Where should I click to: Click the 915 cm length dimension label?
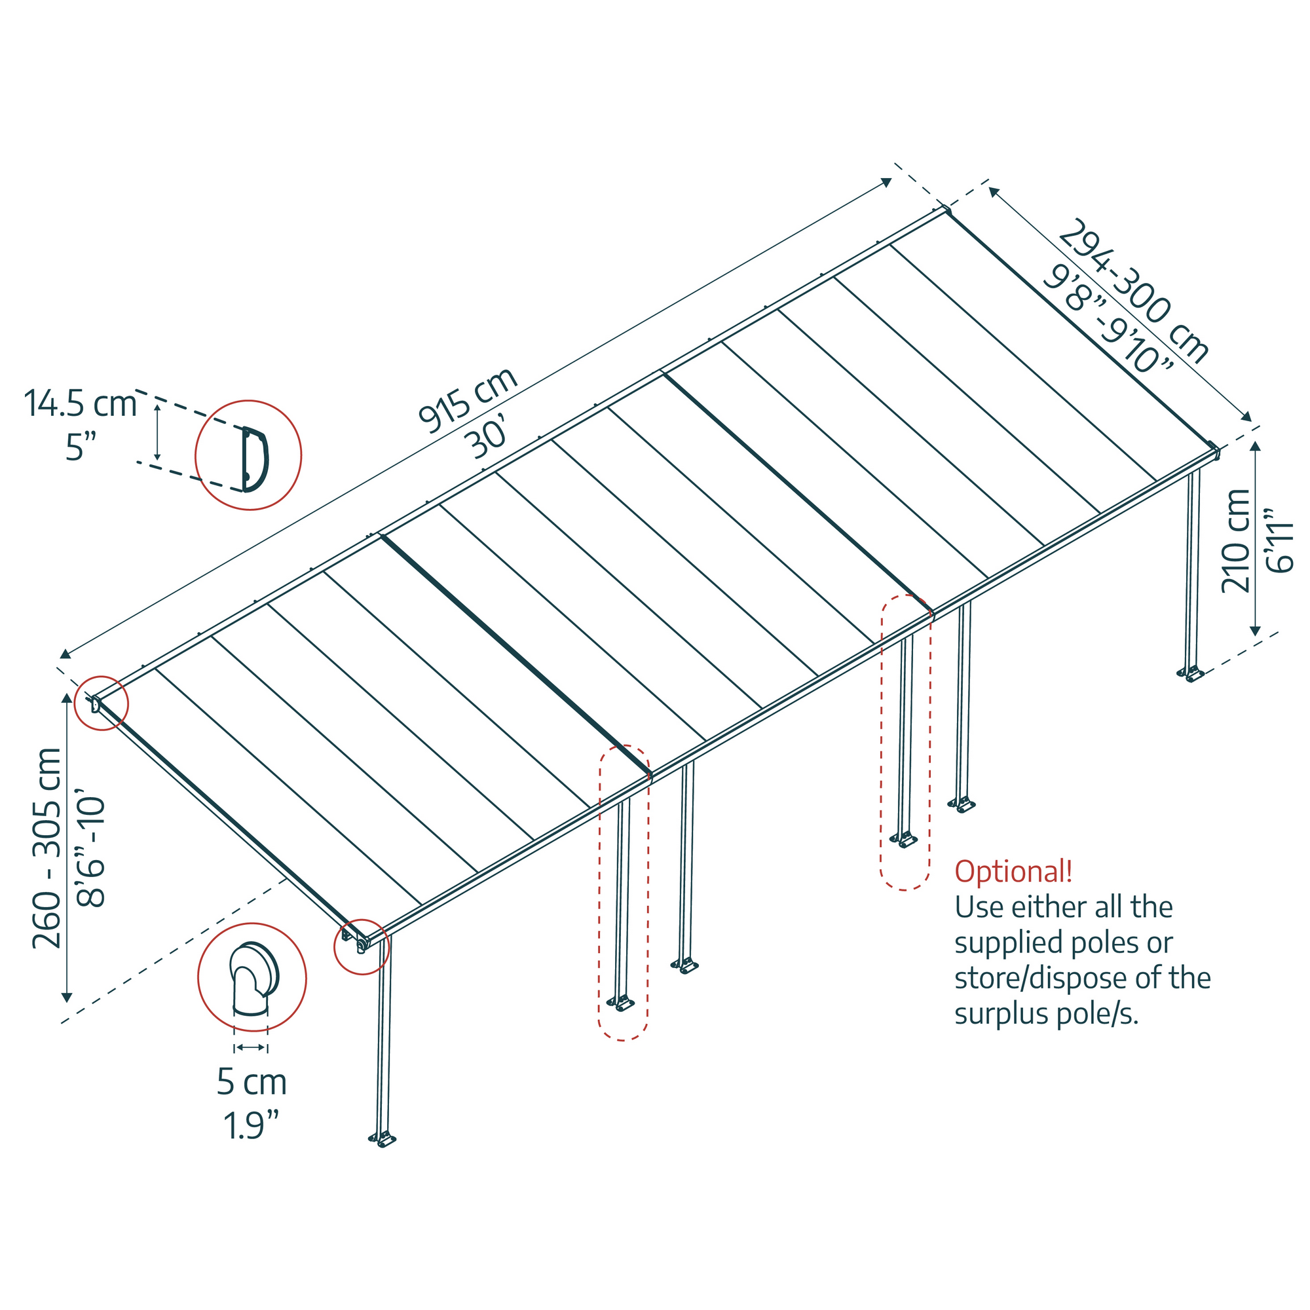[x=468, y=400]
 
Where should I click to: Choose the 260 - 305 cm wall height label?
[x=47, y=848]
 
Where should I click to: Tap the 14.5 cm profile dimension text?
[x=80, y=404]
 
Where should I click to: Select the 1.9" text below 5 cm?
[x=251, y=1125]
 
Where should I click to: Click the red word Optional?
[x=1013, y=871]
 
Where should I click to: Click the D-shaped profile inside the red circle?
[x=254, y=459]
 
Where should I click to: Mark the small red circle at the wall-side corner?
[x=101, y=703]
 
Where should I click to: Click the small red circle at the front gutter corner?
[x=362, y=946]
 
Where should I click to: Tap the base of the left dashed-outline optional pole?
[x=620, y=1003]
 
